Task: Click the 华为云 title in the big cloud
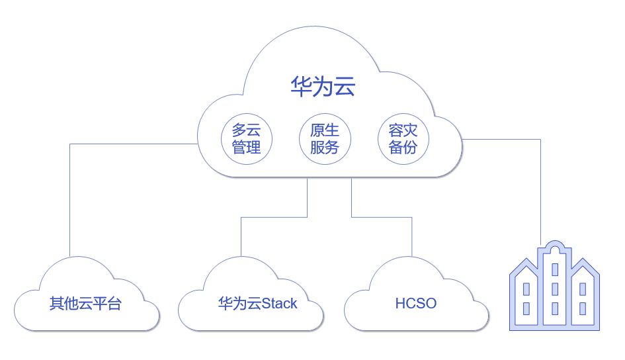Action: pyautogui.click(x=323, y=86)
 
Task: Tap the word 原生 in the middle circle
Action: pyautogui.click(x=325, y=130)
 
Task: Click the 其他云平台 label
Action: pyautogui.click(x=85, y=303)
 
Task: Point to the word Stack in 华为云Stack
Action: pyautogui.click(x=279, y=303)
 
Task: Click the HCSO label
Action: pyautogui.click(x=416, y=303)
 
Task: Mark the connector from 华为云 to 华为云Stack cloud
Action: pyautogui.click(x=274, y=217)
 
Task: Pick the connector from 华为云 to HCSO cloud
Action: pyautogui.click(x=382, y=217)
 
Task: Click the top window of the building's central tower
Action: pyautogui.click(x=555, y=269)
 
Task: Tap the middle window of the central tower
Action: pyautogui.click(x=555, y=289)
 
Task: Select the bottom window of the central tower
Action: pyautogui.click(x=555, y=308)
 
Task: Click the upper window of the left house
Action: pyautogui.click(x=526, y=289)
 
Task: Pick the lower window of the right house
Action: pyautogui.click(x=583, y=308)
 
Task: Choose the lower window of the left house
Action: pyautogui.click(x=526, y=308)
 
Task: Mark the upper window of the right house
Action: pyautogui.click(x=583, y=289)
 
